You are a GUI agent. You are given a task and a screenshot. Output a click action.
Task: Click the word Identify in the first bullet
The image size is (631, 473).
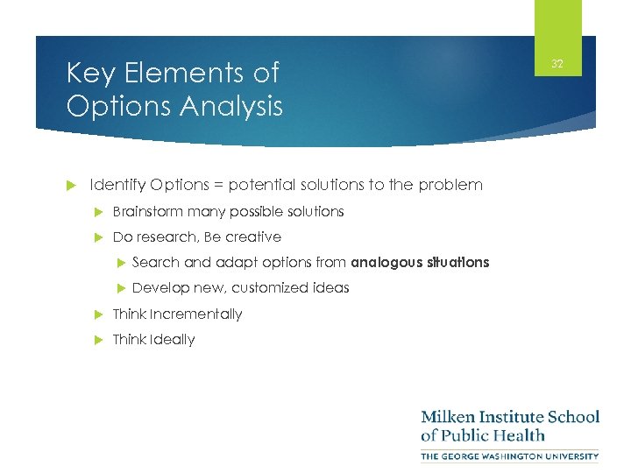[x=118, y=185]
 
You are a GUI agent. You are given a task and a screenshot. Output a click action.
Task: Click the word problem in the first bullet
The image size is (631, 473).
[x=451, y=185]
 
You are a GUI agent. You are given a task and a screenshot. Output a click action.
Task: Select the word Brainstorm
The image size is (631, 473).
[x=148, y=211]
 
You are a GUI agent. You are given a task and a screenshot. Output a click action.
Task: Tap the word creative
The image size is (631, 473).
[x=253, y=236]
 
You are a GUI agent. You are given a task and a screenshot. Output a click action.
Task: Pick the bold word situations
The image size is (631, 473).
[x=457, y=262]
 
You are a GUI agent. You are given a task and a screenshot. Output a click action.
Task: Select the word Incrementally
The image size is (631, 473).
[x=195, y=314]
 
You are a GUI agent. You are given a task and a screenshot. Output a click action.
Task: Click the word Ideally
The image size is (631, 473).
[x=172, y=339]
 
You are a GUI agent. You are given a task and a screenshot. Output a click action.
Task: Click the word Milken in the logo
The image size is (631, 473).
[x=448, y=416]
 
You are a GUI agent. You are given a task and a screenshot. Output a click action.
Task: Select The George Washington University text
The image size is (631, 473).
[x=510, y=455]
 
